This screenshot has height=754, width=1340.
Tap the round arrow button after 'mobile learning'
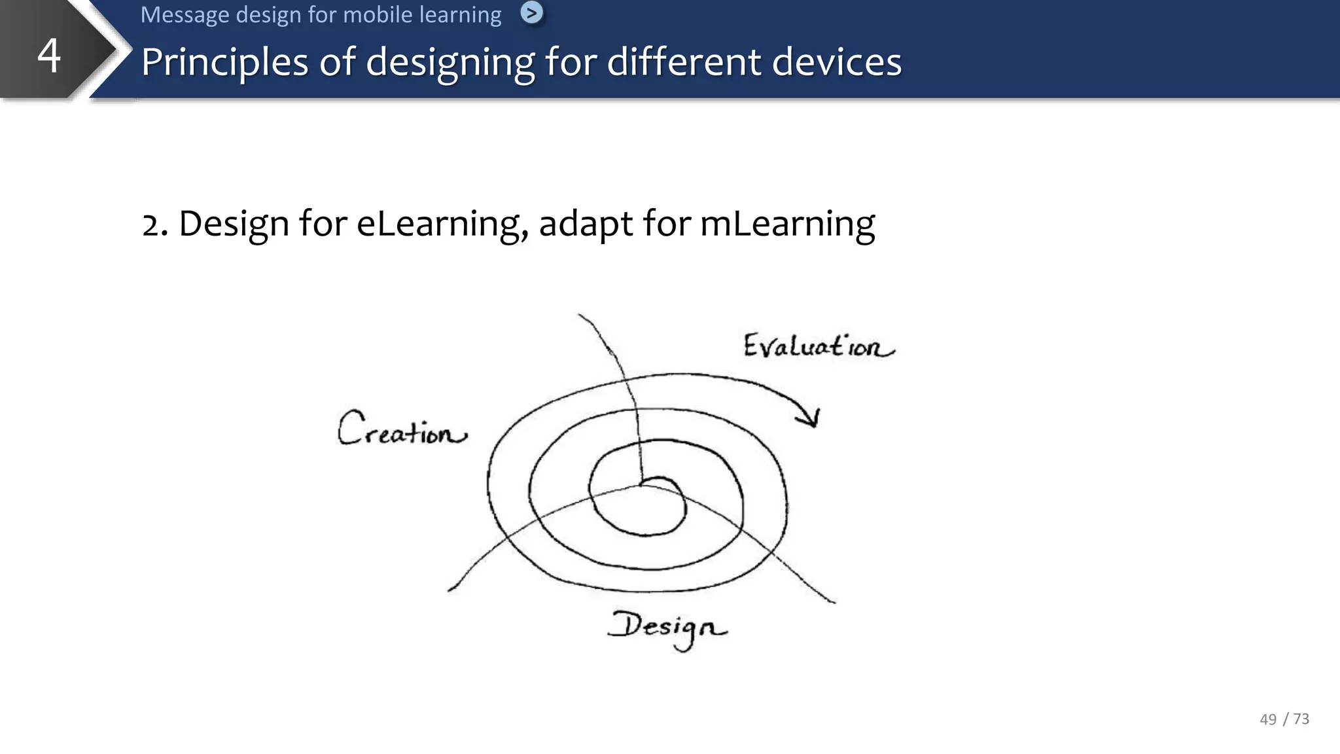[531, 12]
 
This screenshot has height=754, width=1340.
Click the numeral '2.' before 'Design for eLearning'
[155, 224]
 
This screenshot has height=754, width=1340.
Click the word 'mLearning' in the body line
[787, 224]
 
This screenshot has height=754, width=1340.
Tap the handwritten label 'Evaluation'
[818, 346]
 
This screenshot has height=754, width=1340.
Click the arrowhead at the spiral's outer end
[811, 418]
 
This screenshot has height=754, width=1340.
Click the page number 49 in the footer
[1267, 719]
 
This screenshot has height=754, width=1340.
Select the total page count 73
[1301, 719]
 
